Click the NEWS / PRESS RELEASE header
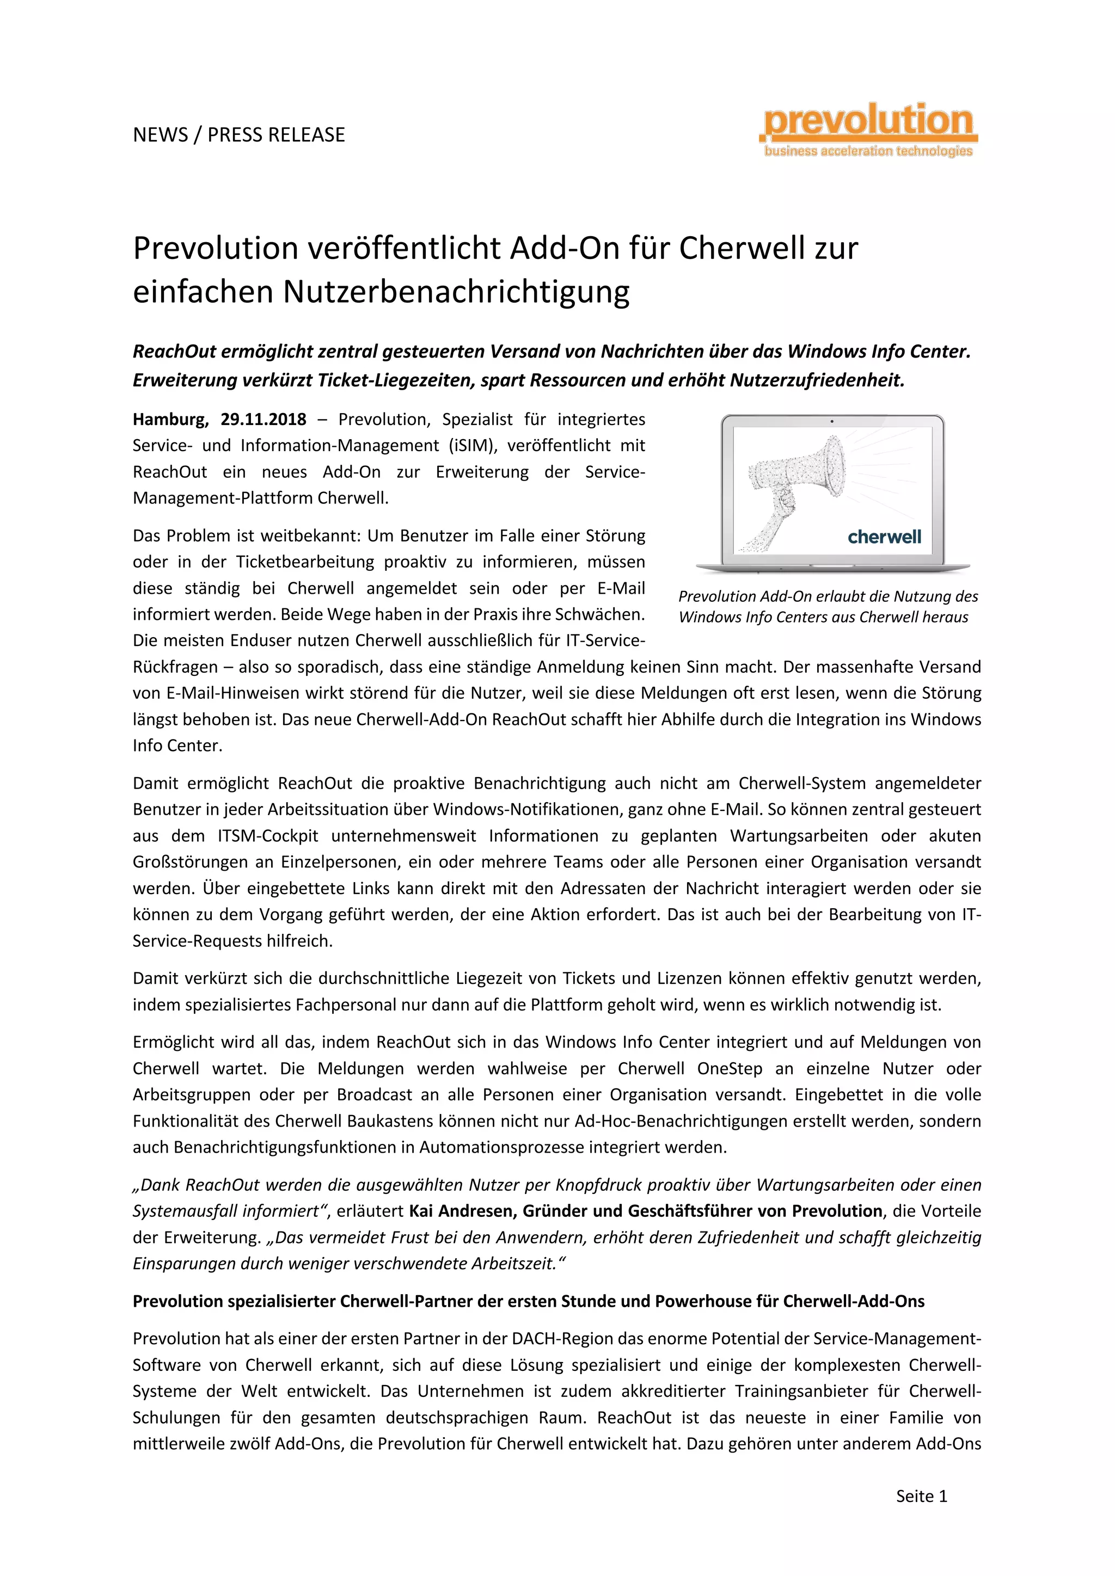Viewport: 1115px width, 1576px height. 239,134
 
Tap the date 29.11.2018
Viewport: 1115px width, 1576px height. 264,420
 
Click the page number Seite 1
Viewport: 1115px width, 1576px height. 921,1497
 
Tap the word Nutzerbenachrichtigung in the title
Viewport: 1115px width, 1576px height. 457,291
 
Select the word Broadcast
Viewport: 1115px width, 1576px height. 375,1095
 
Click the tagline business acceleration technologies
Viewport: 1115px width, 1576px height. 868,151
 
